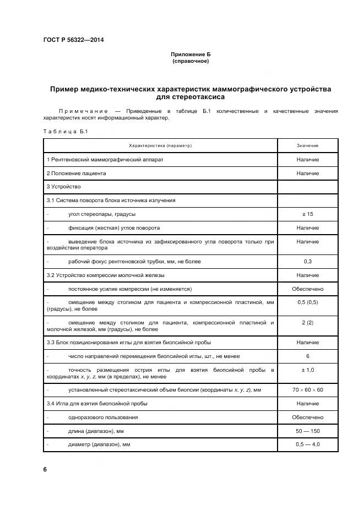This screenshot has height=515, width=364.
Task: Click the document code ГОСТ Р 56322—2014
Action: point(73,40)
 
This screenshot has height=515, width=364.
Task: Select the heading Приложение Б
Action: point(191,55)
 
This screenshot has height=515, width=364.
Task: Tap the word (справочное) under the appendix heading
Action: point(191,61)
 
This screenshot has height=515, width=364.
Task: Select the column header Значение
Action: point(307,145)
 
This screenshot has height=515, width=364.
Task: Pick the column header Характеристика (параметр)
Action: point(160,145)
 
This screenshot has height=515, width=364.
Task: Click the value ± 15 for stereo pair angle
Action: point(307,214)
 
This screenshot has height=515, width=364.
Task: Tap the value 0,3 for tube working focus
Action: point(307,261)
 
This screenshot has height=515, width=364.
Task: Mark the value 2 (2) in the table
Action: point(307,322)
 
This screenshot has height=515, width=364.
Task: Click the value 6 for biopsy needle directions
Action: point(307,356)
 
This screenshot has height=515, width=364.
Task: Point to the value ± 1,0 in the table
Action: point(307,370)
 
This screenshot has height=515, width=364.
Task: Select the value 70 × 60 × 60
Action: point(307,390)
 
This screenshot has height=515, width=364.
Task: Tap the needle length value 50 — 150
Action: point(307,431)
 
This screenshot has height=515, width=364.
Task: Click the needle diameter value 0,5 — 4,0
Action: point(307,444)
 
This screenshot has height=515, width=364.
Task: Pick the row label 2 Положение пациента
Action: point(76,173)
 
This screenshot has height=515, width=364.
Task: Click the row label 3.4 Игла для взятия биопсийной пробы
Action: point(96,404)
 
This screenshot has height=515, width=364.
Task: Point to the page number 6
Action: point(45,469)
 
